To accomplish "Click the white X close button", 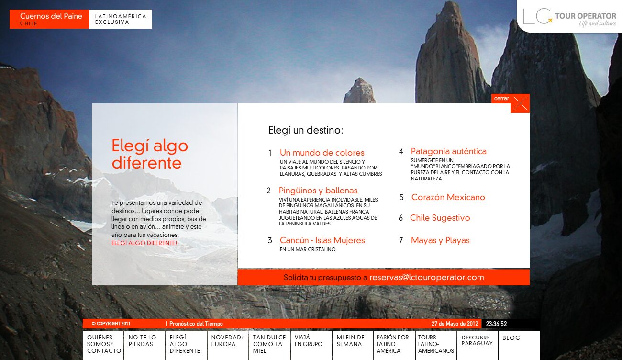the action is pos(520,103).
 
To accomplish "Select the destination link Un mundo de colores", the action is pos(322,153).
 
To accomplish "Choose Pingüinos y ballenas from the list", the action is pos(318,191).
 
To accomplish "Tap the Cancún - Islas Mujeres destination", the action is pos(322,240).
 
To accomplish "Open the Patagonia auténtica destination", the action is pos(448,151).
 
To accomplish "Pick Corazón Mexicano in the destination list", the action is pos(448,197).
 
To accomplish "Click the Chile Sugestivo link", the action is pos(440,218).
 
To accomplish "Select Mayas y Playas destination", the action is pos(440,240).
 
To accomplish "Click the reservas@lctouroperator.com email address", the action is pos(426,277).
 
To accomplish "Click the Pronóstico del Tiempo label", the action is pos(196,324).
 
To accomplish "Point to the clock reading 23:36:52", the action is pos(496,324).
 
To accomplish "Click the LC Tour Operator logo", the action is pos(569,17).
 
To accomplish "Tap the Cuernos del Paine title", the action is pos(51,16).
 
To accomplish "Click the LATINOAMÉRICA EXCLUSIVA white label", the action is pos(121,19).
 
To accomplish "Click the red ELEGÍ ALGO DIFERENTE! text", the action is pos(144,243).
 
